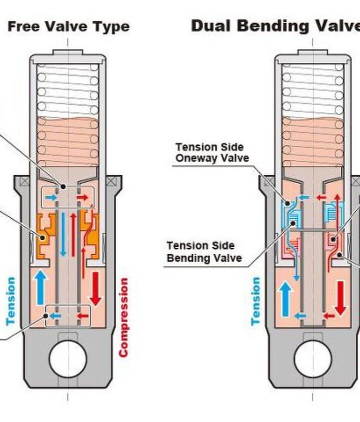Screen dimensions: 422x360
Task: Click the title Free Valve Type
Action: click(68, 26)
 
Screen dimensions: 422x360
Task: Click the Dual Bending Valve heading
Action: click(275, 26)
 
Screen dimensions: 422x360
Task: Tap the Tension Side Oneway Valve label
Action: click(209, 152)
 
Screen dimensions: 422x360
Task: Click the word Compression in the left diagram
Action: click(124, 317)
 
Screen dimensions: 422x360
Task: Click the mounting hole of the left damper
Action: click(68, 359)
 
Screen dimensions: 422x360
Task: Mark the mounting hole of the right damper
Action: click(313, 359)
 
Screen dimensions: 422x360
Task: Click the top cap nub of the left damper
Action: click(68, 51)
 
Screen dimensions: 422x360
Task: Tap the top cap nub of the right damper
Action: click(313, 51)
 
